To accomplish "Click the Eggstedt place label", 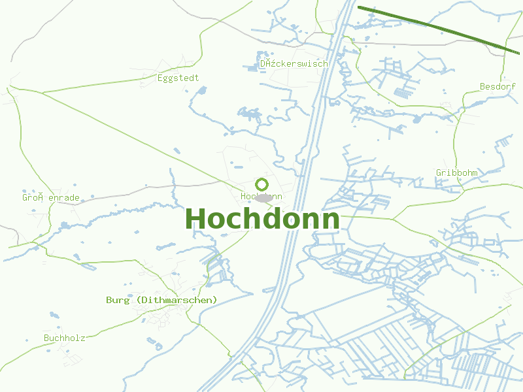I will click(x=178, y=78).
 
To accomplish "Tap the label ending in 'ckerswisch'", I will click(x=294, y=63).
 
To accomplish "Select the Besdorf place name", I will click(x=498, y=86).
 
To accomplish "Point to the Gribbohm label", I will click(x=456, y=172).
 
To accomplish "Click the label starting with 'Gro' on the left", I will click(x=50, y=197).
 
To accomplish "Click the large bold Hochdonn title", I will click(x=263, y=219).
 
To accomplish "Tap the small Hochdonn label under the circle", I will click(x=261, y=196).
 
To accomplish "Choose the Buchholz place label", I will click(x=64, y=338).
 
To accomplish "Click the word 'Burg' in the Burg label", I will click(x=118, y=300).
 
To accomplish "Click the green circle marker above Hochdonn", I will click(x=262, y=184).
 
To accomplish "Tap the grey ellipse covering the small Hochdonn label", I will click(x=264, y=197).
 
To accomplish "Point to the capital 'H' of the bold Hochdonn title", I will click(x=196, y=219).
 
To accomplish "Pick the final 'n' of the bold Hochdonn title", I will click(x=331, y=221).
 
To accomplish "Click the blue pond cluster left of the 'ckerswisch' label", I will click(x=251, y=66).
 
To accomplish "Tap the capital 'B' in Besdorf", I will click(x=483, y=86).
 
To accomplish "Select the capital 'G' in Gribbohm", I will click(x=439, y=172).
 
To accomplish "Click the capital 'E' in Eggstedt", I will click(x=160, y=78).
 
